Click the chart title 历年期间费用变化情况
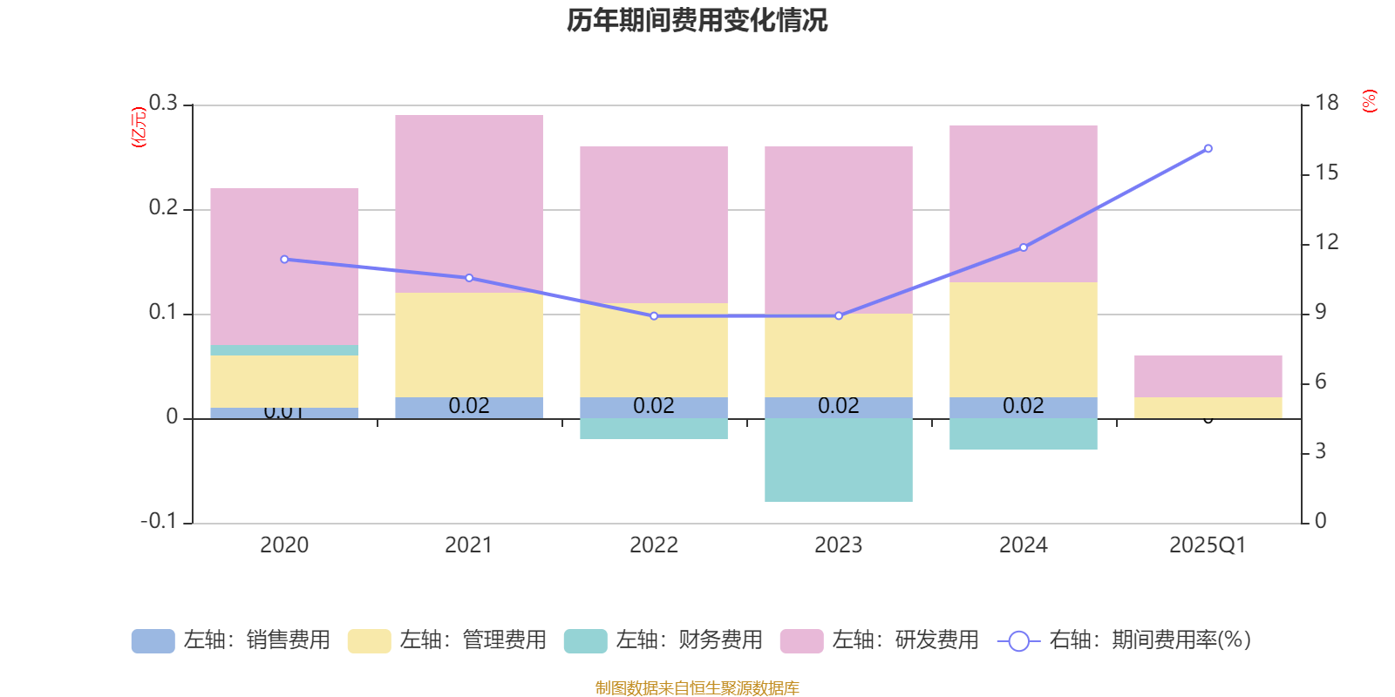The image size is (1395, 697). tap(697, 20)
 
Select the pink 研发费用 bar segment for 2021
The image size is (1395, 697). tap(469, 203)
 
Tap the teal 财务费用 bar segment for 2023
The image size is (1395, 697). tap(839, 459)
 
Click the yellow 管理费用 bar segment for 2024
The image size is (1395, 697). tap(1024, 339)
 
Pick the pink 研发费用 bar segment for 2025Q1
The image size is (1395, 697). tap(1208, 376)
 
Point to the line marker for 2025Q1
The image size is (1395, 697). tap(1208, 148)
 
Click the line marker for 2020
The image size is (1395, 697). tap(284, 259)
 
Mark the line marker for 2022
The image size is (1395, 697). tap(654, 315)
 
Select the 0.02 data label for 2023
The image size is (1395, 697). tap(839, 406)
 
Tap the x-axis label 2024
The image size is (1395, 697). tap(1024, 545)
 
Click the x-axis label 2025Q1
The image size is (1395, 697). tap(1208, 545)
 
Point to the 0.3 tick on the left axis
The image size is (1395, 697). tap(163, 103)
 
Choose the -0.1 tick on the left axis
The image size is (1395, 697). tap(159, 521)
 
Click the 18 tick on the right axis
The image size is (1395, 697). tap(1327, 103)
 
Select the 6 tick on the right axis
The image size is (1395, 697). tap(1321, 382)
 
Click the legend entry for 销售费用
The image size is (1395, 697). tap(231, 640)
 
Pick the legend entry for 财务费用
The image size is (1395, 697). tap(663, 640)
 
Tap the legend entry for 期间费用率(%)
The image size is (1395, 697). tap(1125, 640)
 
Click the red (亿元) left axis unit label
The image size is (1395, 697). tap(138, 127)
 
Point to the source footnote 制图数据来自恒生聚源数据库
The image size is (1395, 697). tap(697, 688)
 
